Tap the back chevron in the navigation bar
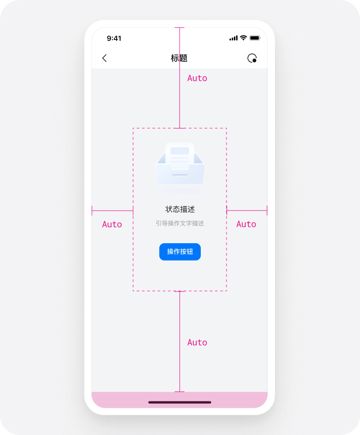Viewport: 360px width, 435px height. [104, 58]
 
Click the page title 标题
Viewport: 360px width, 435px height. [179, 58]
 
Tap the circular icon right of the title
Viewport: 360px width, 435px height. [252, 58]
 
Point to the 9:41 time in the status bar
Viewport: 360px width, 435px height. [114, 38]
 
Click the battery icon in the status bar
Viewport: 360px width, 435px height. [255, 38]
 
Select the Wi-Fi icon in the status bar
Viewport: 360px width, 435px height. [243, 38]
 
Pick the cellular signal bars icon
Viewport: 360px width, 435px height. [233, 38]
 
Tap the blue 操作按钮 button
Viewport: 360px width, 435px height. [180, 252]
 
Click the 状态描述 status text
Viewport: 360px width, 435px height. [180, 209]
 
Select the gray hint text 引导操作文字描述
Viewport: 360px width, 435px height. [180, 223]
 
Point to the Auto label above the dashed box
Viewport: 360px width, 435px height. [197, 78]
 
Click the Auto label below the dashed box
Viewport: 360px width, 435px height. [197, 343]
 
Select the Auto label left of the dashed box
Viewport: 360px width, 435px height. [112, 224]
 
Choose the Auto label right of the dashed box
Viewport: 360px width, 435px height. [246, 224]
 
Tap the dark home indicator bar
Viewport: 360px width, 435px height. [180, 402]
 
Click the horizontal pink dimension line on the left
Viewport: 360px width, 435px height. [112, 211]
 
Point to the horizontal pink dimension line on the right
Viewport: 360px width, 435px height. [247, 211]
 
